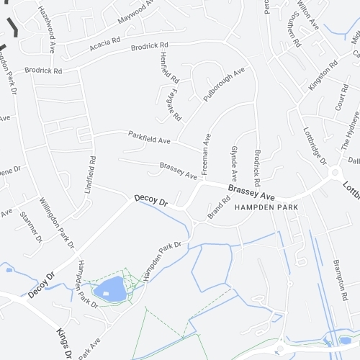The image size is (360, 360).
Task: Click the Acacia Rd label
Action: pos(105,45)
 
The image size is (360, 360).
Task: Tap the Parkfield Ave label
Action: pos(149,136)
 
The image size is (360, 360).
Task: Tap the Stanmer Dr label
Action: pos(31,225)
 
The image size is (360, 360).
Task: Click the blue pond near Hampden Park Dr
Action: pos(112,289)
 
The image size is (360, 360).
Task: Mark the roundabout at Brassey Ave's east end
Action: pos(334,173)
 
